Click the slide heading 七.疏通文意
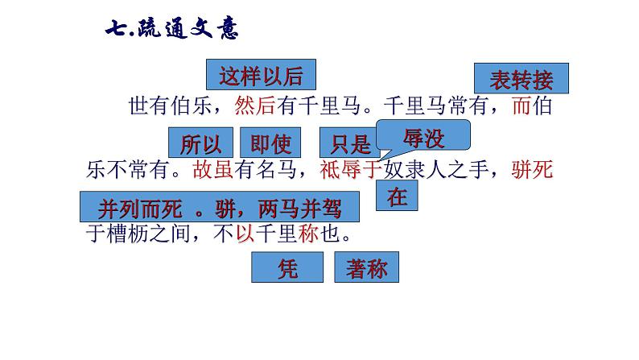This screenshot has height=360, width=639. [171, 29]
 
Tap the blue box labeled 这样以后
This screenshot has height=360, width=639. [261, 76]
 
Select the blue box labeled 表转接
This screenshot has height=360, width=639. [522, 79]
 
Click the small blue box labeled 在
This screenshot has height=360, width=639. [398, 196]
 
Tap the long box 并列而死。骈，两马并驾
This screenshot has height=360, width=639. [219, 208]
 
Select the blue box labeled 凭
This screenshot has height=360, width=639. [287, 267]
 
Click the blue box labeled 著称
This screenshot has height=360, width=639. [367, 267]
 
